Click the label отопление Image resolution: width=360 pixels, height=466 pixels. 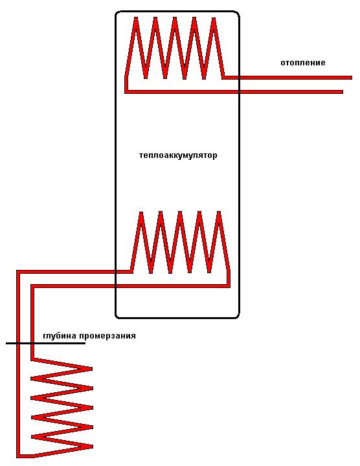point(303,63)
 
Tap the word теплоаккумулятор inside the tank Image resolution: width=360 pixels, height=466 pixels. point(178,155)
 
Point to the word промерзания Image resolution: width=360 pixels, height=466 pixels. point(108,336)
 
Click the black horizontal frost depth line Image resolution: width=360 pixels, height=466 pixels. point(45,343)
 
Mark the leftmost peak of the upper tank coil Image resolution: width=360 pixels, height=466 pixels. point(136,18)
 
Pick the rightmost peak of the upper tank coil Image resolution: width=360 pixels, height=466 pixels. point(214,18)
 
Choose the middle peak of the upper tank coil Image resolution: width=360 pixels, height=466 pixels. point(175,18)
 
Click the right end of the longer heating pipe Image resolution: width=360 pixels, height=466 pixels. point(352,78)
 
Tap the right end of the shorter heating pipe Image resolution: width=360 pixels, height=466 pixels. point(342,92)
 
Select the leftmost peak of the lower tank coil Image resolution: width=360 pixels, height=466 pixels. point(141,213)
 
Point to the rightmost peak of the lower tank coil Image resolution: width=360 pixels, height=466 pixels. point(219,213)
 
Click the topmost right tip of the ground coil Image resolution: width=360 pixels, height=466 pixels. point(91,369)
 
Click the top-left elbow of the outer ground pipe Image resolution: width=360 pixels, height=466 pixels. point(18,272)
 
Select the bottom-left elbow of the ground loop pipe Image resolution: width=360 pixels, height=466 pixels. point(18,456)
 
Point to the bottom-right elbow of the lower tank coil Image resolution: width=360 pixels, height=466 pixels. point(229,286)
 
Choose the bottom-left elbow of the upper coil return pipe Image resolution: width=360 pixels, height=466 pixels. point(126,92)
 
